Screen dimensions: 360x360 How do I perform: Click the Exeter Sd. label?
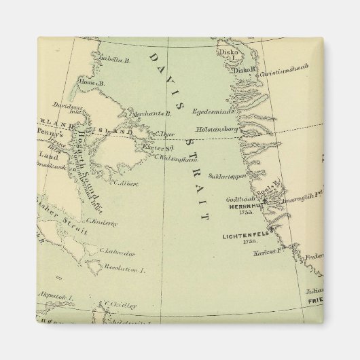162,147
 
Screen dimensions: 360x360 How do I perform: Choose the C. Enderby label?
101,221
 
